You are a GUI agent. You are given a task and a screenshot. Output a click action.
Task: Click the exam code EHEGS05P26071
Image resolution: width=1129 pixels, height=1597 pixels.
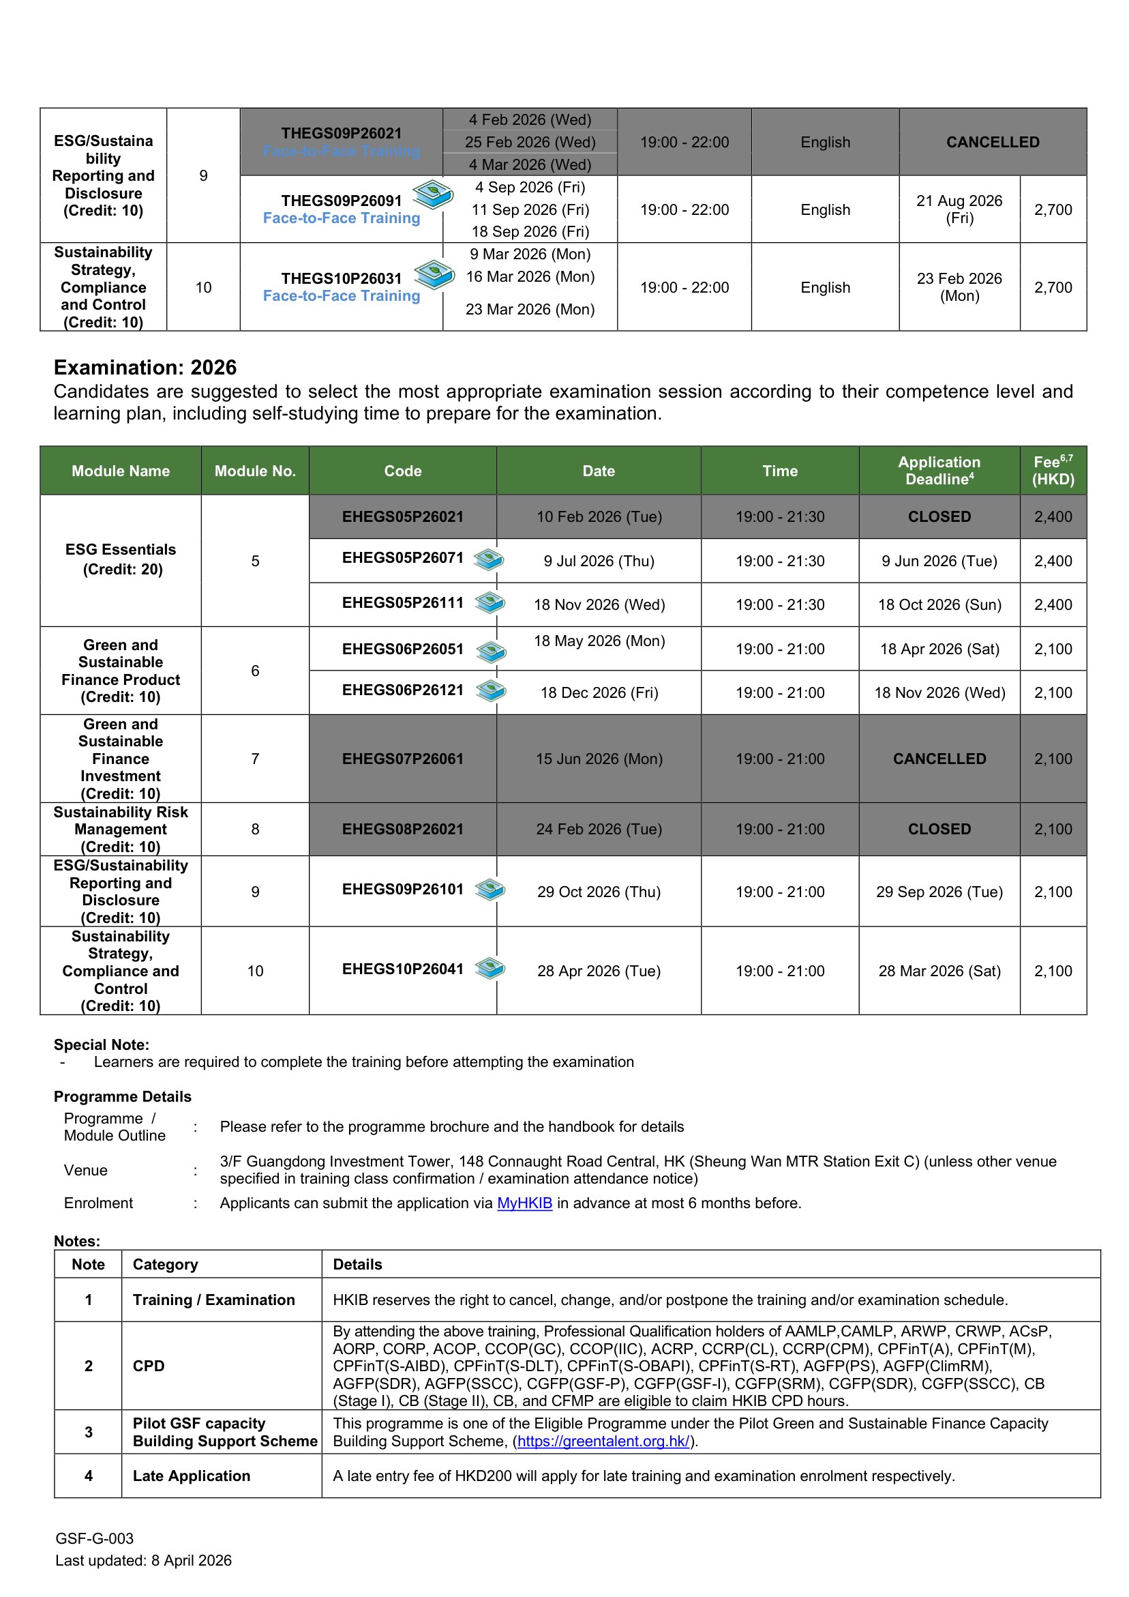pos(402,558)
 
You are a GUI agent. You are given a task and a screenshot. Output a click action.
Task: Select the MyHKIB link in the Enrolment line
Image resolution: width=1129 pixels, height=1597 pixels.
pos(524,1203)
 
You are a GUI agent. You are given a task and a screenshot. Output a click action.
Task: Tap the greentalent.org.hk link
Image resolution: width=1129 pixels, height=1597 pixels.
pos(603,1441)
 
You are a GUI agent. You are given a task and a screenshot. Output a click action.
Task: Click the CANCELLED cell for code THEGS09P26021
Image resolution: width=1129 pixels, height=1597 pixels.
pos(992,142)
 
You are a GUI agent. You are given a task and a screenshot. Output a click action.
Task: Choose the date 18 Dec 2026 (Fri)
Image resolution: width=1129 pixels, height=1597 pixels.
pos(599,693)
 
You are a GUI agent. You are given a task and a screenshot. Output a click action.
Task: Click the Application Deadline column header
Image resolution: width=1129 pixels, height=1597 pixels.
pos(939,471)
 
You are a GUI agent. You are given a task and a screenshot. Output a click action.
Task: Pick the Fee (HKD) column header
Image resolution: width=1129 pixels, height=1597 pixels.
pos(1053,471)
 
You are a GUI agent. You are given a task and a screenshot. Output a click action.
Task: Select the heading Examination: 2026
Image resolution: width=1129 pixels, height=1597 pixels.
pos(145,367)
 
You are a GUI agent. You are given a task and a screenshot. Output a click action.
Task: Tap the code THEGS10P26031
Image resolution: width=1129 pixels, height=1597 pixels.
pos(342,278)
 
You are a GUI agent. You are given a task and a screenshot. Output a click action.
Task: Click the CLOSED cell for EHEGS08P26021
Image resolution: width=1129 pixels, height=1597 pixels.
pos(939,829)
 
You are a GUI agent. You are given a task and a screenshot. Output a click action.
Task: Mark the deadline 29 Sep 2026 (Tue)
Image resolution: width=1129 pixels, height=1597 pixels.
pos(939,892)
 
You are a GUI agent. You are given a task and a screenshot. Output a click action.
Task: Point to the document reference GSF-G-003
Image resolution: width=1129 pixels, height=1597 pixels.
pos(95,1538)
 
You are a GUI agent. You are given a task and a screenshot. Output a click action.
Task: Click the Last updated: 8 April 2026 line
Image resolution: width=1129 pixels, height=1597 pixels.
pos(143,1561)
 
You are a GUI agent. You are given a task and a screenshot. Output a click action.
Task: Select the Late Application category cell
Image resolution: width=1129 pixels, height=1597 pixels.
pos(191,1476)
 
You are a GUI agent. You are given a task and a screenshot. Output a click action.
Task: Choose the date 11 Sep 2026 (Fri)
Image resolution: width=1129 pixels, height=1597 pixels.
pos(530,209)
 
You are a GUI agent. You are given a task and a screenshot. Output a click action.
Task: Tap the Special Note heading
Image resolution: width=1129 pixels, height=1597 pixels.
pos(102,1044)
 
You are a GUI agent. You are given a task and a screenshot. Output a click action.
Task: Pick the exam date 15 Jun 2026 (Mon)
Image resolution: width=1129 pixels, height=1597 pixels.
pos(599,759)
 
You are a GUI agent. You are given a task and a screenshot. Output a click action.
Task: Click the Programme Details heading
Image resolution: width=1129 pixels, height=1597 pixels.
pos(122,1097)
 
